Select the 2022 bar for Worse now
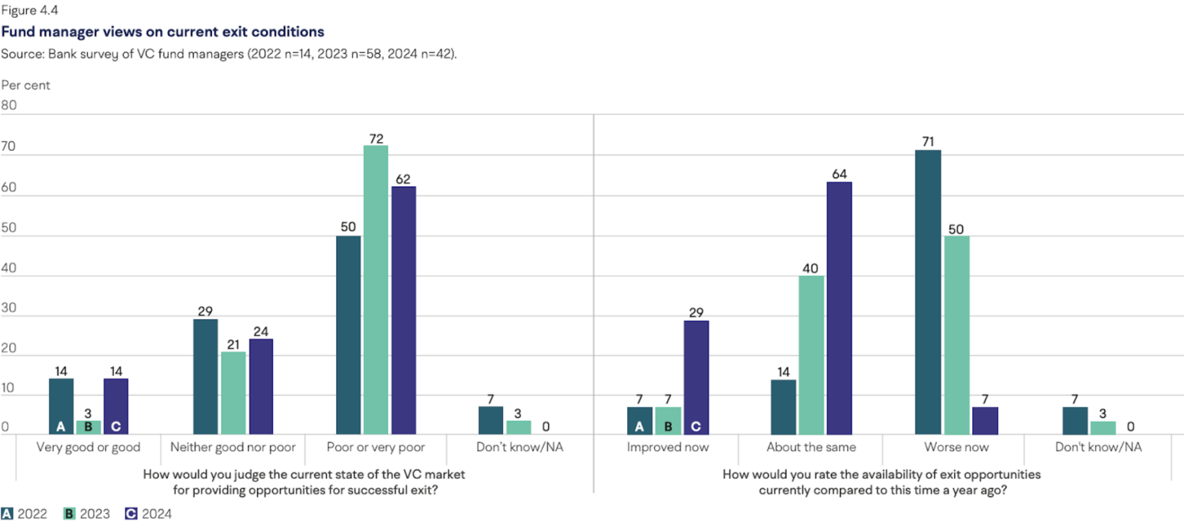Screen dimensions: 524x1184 click(x=928, y=292)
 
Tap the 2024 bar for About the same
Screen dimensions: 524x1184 click(x=839, y=309)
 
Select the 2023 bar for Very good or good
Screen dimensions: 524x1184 click(x=88, y=428)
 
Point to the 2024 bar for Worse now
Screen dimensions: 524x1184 click(x=985, y=421)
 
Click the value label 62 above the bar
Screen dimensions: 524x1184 click(x=403, y=179)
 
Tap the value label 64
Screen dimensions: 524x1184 click(x=839, y=174)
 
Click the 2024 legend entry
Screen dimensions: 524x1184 click(x=149, y=514)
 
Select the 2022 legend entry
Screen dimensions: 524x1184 click(x=24, y=514)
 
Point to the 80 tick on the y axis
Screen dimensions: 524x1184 click(x=9, y=105)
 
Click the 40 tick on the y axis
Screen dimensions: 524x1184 click(x=9, y=267)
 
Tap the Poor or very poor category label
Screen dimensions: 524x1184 click(x=376, y=447)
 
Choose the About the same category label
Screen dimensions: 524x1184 click(x=811, y=447)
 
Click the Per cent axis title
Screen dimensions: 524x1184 click(x=25, y=85)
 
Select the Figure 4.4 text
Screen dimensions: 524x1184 click(x=29, y=10)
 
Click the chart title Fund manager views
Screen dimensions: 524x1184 click(x=162, y=32)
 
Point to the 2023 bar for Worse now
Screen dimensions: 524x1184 click(x=957, y=335)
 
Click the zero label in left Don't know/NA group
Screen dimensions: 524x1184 click(x=546, y=426)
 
